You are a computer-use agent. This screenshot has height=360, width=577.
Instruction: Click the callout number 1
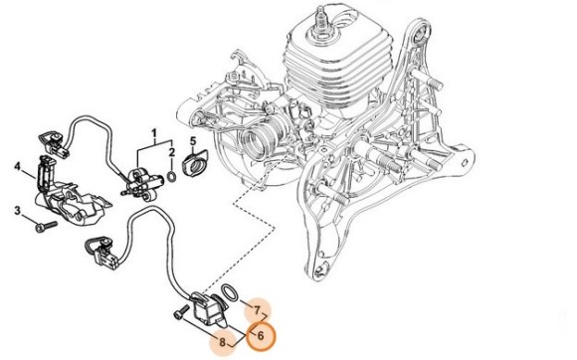(154, 132)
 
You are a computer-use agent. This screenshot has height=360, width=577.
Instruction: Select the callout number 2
(171, 152)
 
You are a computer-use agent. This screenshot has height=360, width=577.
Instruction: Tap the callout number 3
(18, 211)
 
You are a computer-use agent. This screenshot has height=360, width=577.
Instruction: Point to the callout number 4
(18, 167)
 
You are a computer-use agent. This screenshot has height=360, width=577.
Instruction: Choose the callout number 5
(193, 141)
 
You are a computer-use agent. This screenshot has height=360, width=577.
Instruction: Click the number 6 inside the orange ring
(261, 335)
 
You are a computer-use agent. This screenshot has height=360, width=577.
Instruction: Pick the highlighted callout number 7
(257, 310)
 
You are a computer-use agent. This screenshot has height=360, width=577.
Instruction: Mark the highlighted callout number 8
(222, 342)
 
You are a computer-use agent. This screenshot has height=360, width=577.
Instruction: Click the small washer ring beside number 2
(171, 176)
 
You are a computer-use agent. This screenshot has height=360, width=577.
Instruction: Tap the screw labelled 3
(47, 226)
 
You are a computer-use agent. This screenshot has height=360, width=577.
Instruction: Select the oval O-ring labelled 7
(230, 292)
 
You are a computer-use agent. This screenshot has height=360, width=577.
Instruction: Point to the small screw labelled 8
(181, 314)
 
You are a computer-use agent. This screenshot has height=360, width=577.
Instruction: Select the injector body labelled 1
(141, 184)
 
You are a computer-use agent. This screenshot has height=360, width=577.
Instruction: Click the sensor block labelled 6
(208, 310)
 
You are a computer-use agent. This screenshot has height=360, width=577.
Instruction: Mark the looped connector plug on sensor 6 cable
(101, 250)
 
